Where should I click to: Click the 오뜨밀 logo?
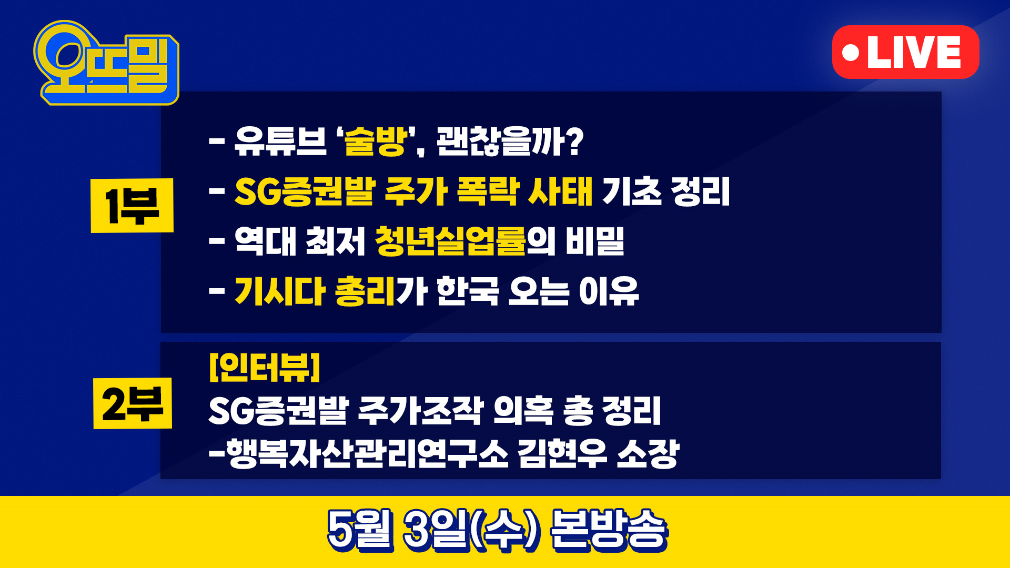107,63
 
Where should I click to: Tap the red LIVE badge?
905,52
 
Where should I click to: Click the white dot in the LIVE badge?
850,53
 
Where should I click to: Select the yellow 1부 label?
132,205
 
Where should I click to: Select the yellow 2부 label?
133,403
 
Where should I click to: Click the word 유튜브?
280,141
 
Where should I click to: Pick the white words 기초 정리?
666,191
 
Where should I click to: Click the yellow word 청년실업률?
450,241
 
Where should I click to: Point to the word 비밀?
595,241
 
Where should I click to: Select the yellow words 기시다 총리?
315,291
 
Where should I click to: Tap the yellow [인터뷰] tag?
265,367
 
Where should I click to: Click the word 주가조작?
420,410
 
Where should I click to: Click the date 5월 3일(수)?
433,530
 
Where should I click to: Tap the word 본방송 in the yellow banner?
609,530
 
